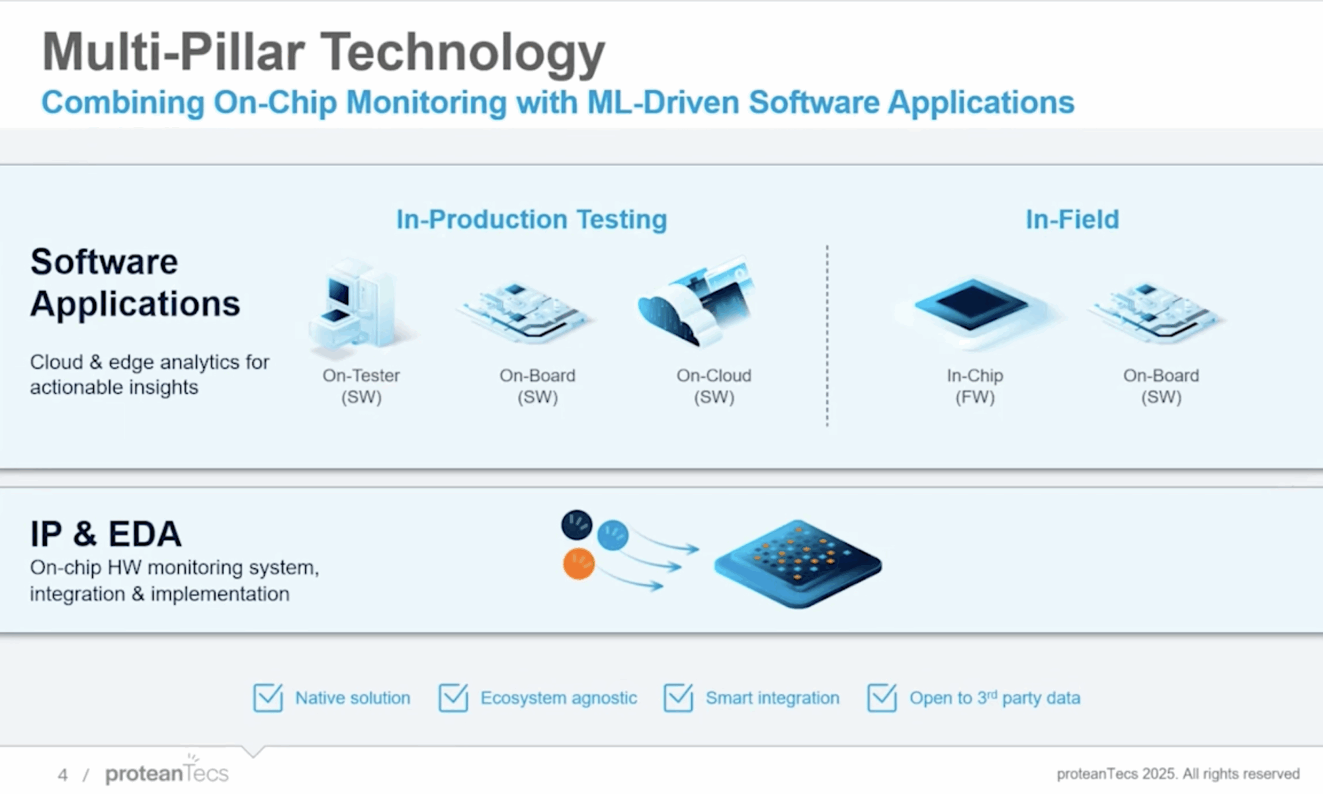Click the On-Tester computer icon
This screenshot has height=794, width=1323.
click(357, 304)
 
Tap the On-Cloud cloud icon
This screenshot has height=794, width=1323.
click(695, 304)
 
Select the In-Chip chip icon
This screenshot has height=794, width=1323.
click(972, 308)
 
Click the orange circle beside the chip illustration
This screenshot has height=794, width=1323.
click(579, 564)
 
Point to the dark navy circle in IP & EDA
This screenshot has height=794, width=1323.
click(577, 525)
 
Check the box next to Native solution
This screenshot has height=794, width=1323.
click(268, 697)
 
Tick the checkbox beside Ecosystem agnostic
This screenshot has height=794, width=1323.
click(453, 697)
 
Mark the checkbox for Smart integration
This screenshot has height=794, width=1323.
click(678, 697)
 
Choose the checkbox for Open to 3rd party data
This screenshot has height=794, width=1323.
click(882, 697)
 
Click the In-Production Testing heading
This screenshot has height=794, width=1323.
click(531, 219)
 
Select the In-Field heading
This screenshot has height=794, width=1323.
click(1072, 219)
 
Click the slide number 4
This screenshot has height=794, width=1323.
click(63, 775)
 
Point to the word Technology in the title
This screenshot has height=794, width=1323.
click(463, 53)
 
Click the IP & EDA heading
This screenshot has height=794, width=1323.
click(106, 534)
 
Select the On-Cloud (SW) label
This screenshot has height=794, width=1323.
click(714, 386)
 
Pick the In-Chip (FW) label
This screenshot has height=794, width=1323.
click(974, 386)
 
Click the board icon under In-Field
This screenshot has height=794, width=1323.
click(1158, 311)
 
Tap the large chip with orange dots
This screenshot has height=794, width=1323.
click(798, 562)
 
